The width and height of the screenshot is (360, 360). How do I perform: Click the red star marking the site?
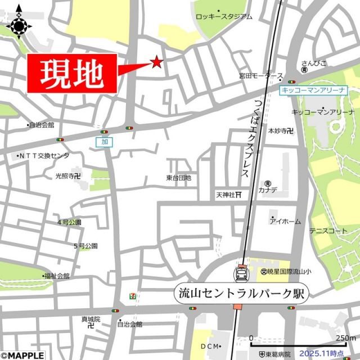click(156, 62)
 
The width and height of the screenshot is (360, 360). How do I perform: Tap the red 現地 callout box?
click(72, 73)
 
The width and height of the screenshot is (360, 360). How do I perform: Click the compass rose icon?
click(19, 24)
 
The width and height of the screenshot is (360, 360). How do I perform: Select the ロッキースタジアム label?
click(224, 17)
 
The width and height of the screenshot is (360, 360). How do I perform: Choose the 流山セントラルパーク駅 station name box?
click(241, 293)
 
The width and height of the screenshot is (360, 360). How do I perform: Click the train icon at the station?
click(241, 274)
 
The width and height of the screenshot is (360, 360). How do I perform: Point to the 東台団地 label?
click(178, 178)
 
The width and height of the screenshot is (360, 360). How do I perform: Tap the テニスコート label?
click(328, 231)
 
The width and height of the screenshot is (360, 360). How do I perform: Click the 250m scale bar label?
click(345, 337)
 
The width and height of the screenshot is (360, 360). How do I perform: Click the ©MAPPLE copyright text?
click(22, 355)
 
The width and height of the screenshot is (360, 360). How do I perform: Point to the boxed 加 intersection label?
click(104, 142)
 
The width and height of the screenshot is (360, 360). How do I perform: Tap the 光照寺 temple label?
click(67, 175)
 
